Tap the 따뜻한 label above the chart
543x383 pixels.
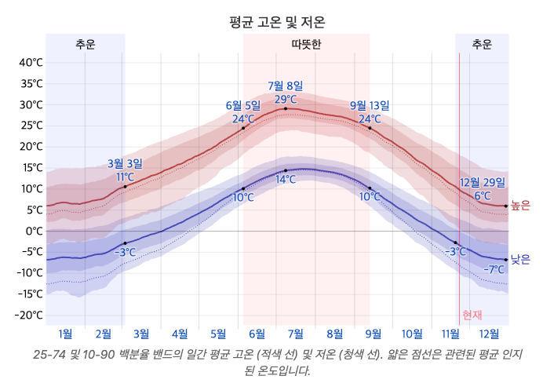(x=306, y=45)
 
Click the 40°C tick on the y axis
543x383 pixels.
(x=31, y=63)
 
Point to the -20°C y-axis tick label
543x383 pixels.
(x=29, y=315)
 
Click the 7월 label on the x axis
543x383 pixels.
(x=296, y=334)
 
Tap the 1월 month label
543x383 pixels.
(x=65, y=334)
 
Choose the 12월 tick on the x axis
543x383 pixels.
(x=490, y=334)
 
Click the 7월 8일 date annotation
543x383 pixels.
(x=285, y=86)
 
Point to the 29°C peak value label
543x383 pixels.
(x=286, y=99)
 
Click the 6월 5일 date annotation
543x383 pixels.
(x=242, y=105)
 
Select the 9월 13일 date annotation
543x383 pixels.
(x=370, y=105)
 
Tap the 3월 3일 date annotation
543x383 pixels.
(x=125, y=163)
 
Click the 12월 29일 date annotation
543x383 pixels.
(x=483, y=182)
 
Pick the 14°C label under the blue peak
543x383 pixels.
(x=286, y=180)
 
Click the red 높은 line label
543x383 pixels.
(x=520, y=206)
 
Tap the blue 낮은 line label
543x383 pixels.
(x=520, y=259)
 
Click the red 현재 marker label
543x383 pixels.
(x=472, y=315)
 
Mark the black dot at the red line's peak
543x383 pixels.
(x=286, y=109)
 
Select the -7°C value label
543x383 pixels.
(x=494, y=270)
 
